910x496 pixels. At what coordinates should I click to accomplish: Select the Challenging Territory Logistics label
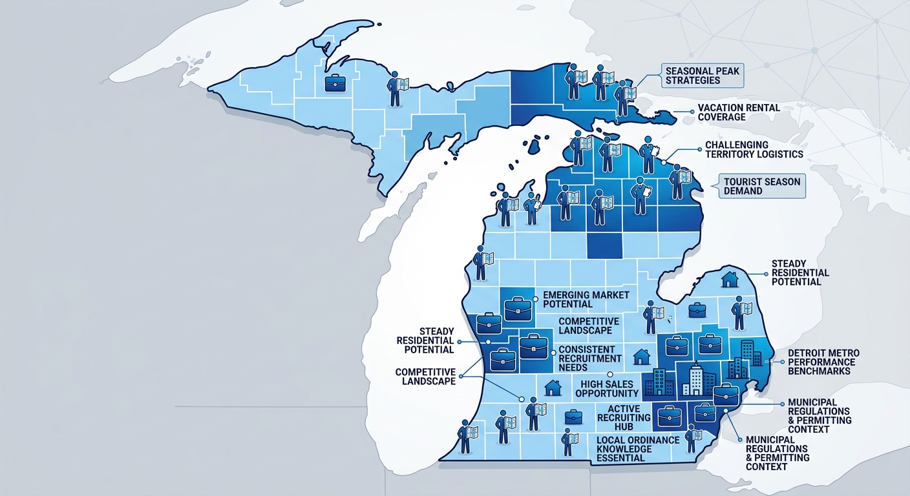click(x=754, y=149)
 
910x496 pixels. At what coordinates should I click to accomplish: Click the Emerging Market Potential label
click(x=577, y=299)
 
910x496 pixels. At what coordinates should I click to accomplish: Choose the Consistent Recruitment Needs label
click(x=590, y=358)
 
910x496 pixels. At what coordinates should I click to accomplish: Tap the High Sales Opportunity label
click(x=606, y=388)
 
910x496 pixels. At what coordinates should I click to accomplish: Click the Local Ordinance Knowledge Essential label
click(x=638, y=448)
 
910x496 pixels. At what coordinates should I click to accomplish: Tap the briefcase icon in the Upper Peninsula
click(x=335, y=83)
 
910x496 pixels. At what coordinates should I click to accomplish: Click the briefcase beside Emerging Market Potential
click(x=517, y=308)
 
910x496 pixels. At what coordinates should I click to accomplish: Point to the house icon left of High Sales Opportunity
click(x=553, y=387)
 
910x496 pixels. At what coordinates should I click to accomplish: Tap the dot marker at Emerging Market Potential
click(x=536, y=298)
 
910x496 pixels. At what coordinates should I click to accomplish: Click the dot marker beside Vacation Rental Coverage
click(x=676, y=112)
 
